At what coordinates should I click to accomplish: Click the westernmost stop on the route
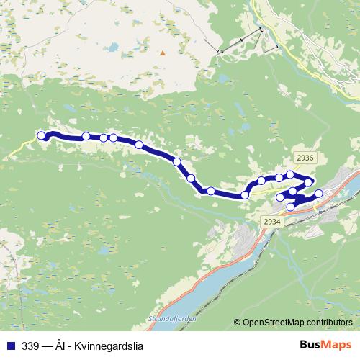pyautogui.click(x=41, y=135)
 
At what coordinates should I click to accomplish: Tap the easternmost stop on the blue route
pyautogui.click(x=318, y=193)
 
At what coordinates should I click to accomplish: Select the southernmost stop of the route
pyautogui.click(x=291, y=207)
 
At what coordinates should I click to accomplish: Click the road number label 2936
pyautogui.click(x=305, y=158)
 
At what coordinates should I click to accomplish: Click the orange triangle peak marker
pyautogui.click(x=163, y=52)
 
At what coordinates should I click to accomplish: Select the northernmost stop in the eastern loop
pyautogui.click(x=290, y=174)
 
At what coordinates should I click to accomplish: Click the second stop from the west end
pyautogui.click(x=86, y=135)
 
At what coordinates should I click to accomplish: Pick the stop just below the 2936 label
pyautogui.click(x=308, y=181)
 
